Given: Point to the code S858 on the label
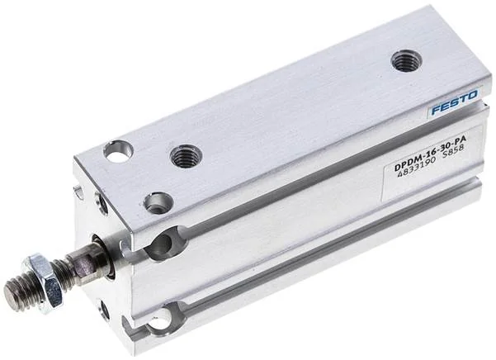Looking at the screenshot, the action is [454, 153].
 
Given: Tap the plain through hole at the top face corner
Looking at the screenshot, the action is [118, 151].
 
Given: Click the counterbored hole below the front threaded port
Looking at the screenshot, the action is [158, 202].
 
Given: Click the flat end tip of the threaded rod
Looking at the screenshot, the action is [12, 296].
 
